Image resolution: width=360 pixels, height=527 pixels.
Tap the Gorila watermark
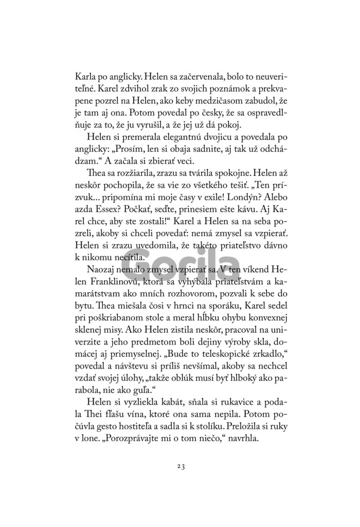coord(180,267)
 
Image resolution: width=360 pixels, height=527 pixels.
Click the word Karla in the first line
coord(85,83)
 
